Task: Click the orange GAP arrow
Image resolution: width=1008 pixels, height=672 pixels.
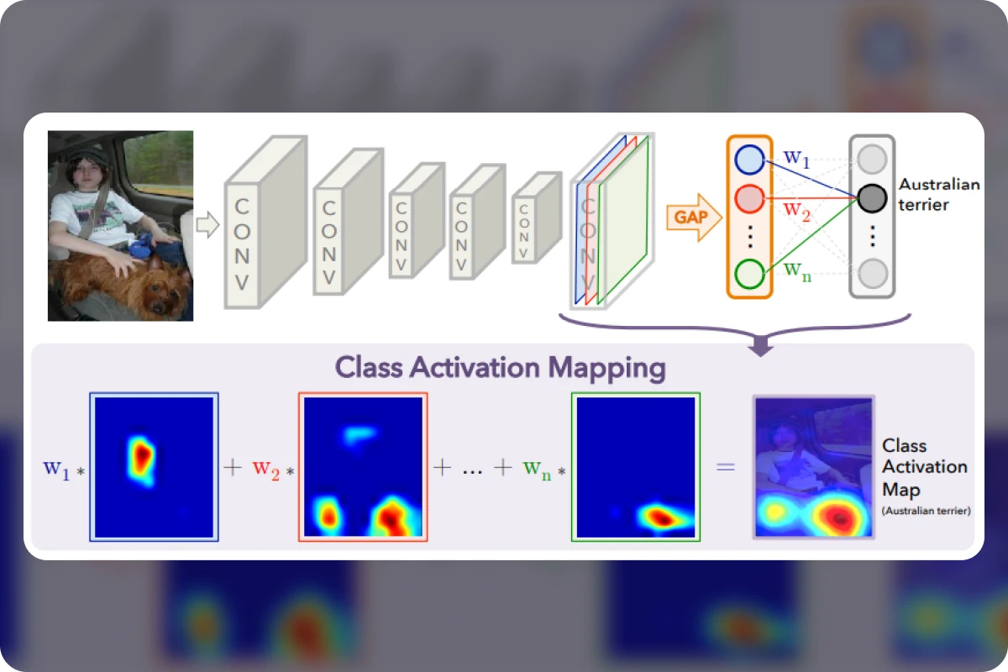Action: point(694,218)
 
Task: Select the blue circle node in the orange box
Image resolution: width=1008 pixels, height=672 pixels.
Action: point(749,160)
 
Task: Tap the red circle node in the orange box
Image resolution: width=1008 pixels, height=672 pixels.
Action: point(749,198)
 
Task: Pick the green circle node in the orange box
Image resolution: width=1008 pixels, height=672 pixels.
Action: point(749,274)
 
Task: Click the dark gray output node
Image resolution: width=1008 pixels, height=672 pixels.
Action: point(872,198)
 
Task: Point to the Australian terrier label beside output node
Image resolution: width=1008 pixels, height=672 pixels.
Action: point(939,194)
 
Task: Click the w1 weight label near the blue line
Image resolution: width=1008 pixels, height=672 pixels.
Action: point(796,159)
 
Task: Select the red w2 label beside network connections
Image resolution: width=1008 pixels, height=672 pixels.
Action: point(796,212)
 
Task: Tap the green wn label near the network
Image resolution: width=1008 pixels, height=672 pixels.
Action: point(797,272)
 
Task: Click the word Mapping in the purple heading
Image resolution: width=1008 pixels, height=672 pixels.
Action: point(606,369)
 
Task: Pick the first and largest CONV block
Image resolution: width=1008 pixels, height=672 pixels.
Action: point(266,223)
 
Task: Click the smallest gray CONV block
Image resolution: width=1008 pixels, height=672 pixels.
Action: point(538,218)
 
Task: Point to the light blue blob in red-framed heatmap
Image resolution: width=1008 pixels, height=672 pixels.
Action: point(360,435)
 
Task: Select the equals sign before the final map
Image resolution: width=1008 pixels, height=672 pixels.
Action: point(726,467)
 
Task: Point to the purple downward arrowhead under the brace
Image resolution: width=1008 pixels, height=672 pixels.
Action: point(760,349)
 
